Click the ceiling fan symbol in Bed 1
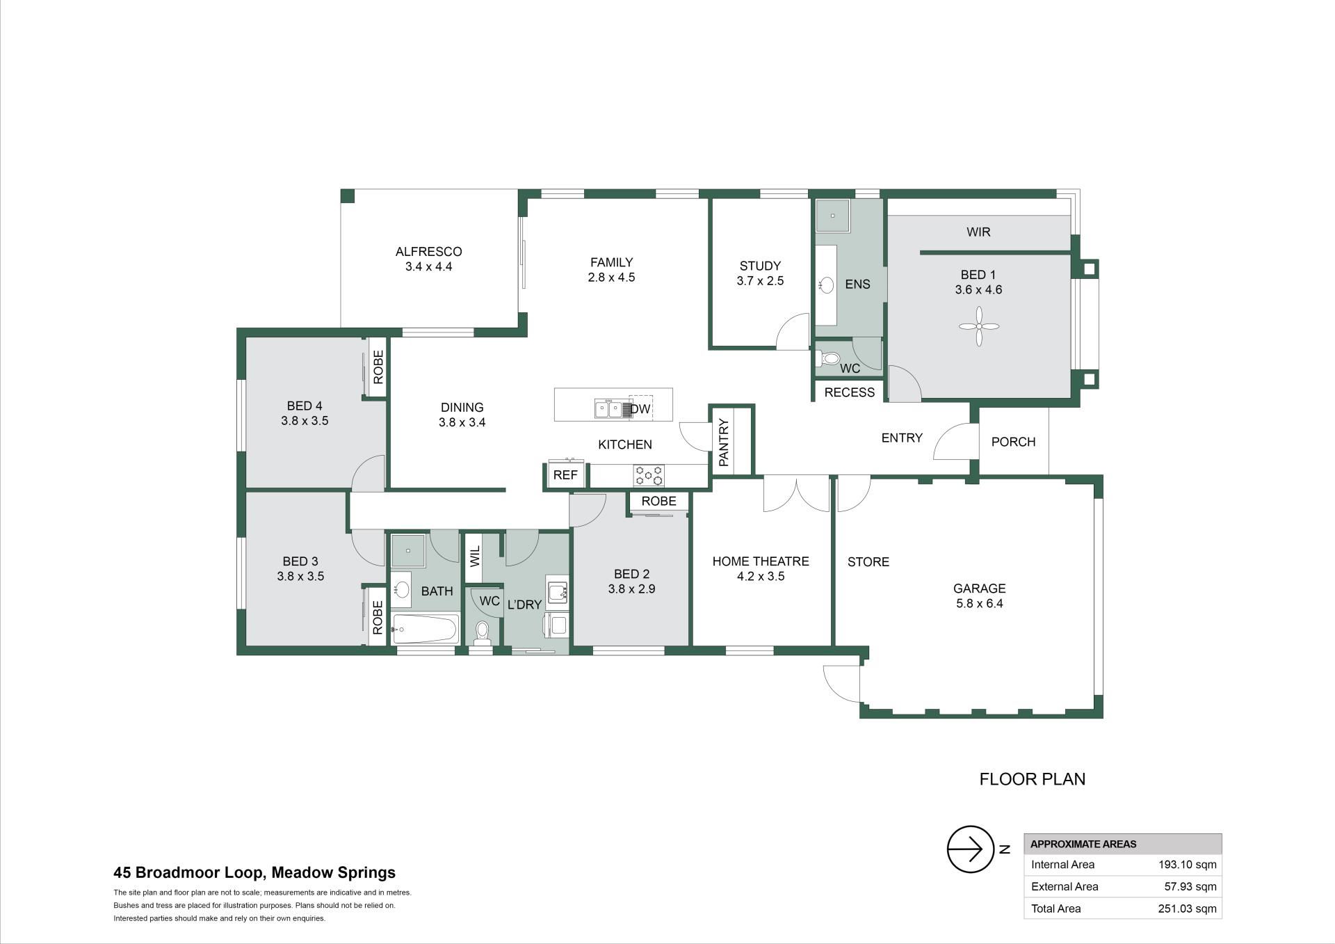979,326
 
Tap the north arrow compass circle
971,849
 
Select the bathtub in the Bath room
425,630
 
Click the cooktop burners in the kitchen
648,476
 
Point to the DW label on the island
640,409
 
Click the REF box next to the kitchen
566,476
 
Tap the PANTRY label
723,442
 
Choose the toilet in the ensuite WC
828,359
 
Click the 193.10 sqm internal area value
1188,865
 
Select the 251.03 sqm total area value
1188,909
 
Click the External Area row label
1065,886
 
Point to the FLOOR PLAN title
1033,779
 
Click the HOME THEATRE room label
761,561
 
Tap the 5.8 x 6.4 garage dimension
980,604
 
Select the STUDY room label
760,266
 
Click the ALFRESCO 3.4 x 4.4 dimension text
429,266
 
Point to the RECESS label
850,392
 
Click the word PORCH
1014,442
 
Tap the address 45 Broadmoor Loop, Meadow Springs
254,872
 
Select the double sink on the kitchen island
609,408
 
